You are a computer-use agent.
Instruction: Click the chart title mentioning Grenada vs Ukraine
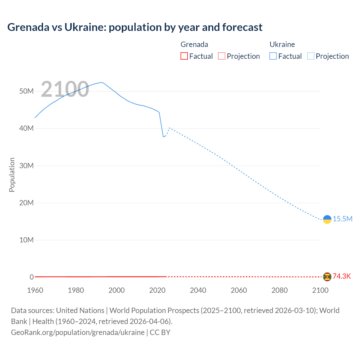(135, 27)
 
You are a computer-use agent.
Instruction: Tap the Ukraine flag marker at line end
(327, 219)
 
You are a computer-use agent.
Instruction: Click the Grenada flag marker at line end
(327, 277)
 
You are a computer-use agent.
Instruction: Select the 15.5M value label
(342, 219)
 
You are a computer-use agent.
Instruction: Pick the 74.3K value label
(342, 276)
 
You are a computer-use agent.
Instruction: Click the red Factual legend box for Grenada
(184, 56)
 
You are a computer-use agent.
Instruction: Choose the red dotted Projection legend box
(222, 56)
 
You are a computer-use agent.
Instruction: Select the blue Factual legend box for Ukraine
(273, 56)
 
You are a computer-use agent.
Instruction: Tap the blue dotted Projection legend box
(311, 56)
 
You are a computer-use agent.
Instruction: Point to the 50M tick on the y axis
(26, 91)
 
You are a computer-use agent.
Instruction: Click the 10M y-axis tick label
(26, 240)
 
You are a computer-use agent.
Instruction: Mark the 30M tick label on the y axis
(26, 166)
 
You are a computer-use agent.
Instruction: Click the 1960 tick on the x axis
(35, 290)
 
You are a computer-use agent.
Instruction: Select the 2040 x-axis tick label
(198, 290)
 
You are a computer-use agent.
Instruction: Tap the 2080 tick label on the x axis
(280, 290)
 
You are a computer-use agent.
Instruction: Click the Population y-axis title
(12, 175)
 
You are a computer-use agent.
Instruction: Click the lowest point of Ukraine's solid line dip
(163, 137)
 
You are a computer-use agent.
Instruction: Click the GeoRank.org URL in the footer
(78, 332)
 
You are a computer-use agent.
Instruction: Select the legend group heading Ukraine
(282, 44)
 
